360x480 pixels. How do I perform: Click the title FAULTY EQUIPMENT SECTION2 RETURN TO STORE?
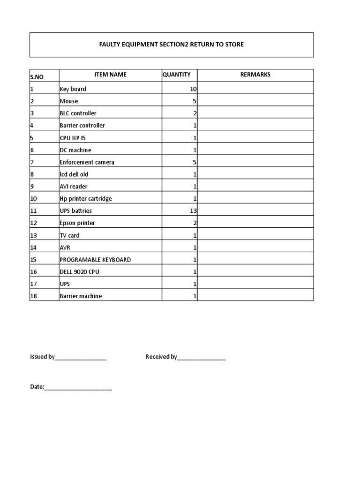click(171, 45)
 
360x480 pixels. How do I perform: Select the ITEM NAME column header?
click(110, 75)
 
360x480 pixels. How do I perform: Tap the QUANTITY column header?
click(176, 75)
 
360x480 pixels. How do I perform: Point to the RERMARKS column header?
click(255, 75)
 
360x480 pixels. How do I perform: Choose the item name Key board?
click(73, 89)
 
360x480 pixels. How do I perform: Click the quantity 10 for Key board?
click(193, 89)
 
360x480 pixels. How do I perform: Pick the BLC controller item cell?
click(78, 113)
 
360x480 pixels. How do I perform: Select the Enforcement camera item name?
click(87, 162)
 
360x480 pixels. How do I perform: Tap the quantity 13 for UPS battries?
click(193, 211)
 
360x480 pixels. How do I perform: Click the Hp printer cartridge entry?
click(85, 199)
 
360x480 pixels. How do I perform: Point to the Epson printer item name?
click(77, 223)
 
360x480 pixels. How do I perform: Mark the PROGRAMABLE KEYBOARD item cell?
click(95, 260)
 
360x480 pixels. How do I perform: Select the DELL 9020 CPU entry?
click(79, 272)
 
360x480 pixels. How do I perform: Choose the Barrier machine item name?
click(81, 296)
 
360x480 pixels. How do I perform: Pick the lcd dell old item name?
click(74, 174)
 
